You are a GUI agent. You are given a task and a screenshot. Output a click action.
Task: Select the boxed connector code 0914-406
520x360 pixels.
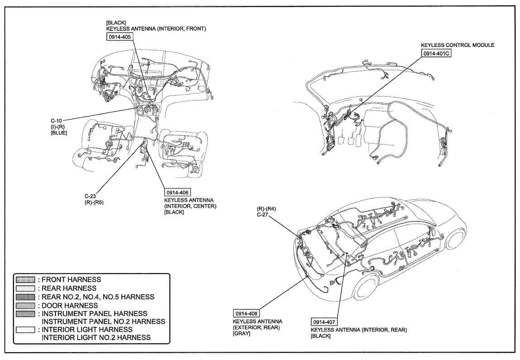pos(177,192)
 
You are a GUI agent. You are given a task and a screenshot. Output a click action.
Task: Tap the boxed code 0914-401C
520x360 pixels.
pos(437,53)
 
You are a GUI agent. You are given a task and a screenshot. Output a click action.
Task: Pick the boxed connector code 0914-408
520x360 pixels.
pos(246,313)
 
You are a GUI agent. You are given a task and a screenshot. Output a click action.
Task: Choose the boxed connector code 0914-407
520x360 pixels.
pos(324,322)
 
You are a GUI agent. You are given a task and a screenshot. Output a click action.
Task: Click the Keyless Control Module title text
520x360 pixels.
pos(458,45)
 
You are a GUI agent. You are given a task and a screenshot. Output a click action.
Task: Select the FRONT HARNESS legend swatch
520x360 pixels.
pos(25,280)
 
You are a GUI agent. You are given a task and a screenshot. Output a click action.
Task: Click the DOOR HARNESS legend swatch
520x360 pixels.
pos(25,305)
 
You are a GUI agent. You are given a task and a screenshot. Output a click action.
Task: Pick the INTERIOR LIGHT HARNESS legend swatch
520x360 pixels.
pos(25,330)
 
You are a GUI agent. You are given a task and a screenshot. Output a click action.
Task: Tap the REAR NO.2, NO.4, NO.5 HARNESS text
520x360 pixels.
pos(98,297)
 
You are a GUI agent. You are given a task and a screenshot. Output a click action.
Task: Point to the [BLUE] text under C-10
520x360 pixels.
pos(59,133)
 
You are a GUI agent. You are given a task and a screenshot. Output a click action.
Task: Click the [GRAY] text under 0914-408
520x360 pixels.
pos(241,333)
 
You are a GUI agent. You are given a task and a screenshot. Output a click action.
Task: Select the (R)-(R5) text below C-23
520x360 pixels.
pos(94,202)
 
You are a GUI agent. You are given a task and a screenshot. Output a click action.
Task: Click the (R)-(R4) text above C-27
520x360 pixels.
pos(266,209)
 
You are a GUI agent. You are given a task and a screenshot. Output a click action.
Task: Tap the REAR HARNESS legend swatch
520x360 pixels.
pos(25,288)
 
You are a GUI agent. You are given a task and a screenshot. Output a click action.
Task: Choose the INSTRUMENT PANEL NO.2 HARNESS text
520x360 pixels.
pos(103,321)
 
